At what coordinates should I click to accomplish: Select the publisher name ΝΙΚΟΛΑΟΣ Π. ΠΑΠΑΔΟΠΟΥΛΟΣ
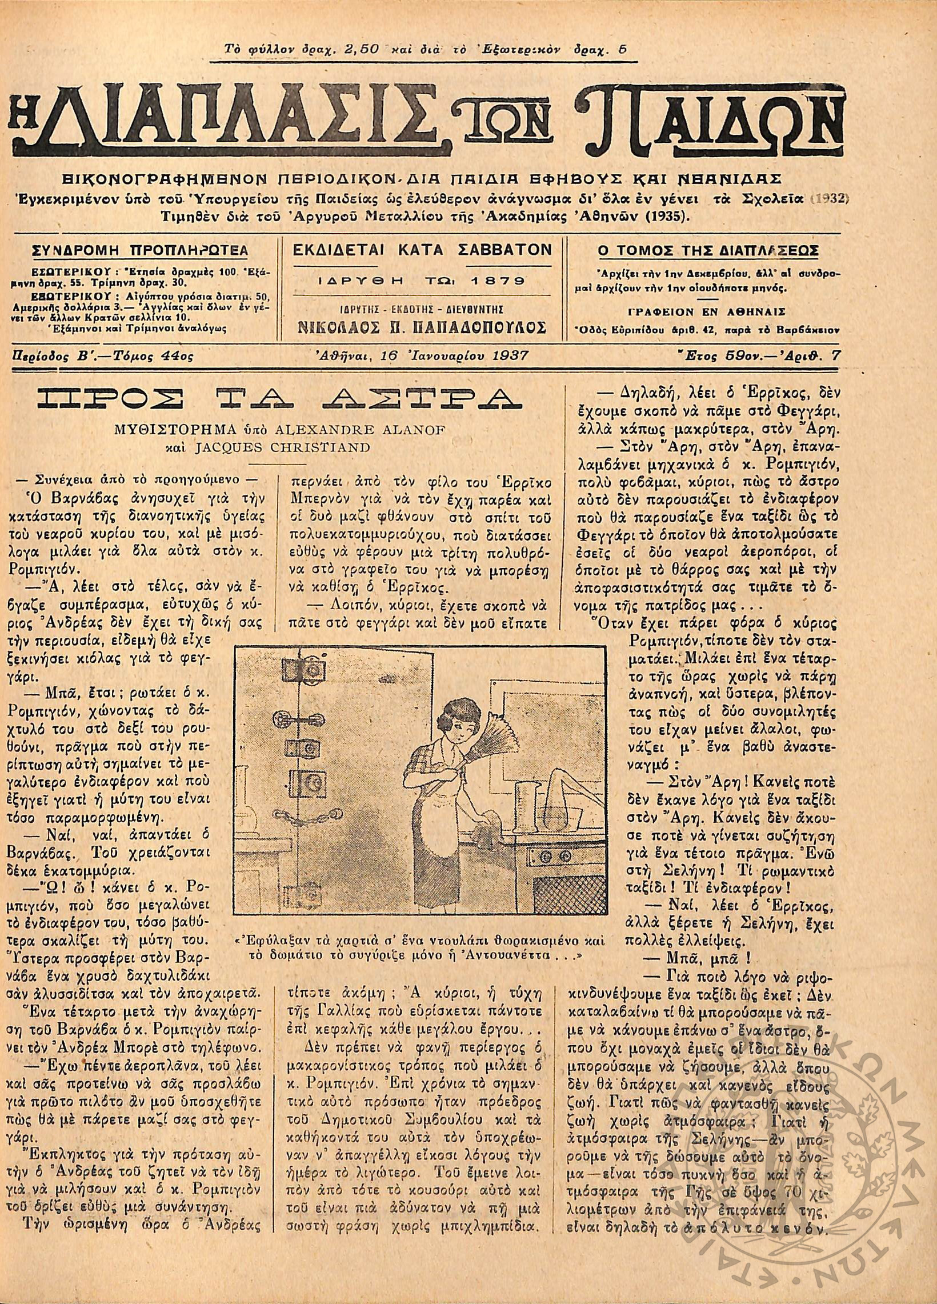point(421,328)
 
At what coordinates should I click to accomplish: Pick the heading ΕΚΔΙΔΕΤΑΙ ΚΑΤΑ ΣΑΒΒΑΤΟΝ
point(421,250)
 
